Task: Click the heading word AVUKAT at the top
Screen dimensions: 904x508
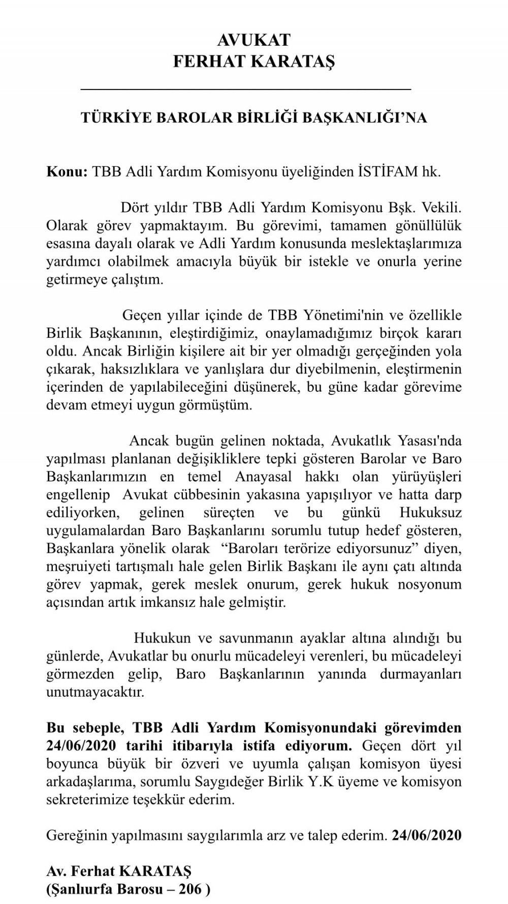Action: point(253,40)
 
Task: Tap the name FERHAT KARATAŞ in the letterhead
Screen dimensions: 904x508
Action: point(253,61)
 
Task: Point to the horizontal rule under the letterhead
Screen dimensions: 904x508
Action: point(246,89)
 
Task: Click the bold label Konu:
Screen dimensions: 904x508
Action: point(67,171)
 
